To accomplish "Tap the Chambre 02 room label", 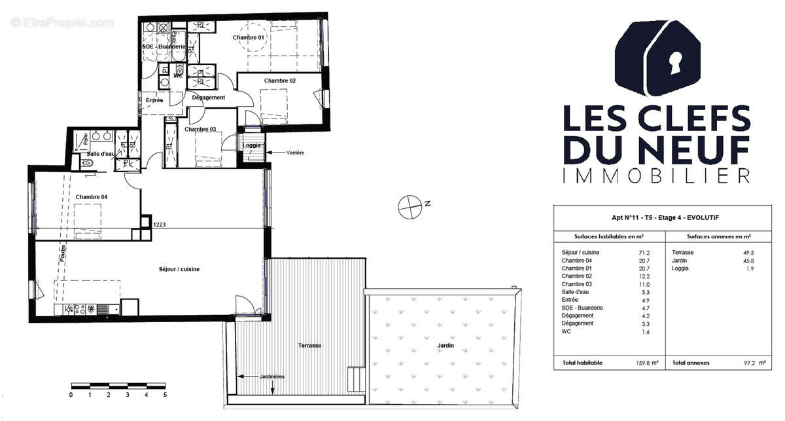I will [280, 81].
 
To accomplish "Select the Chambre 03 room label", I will [200, 130].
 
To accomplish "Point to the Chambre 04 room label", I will [92, 197].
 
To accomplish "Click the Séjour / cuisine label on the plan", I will [179, 269].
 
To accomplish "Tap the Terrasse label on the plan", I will [309, 345].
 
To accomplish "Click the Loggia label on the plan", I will [253, 145].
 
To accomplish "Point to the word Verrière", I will [296, 153].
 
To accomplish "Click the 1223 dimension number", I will [159, 224].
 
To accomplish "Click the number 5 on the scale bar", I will [165, 395].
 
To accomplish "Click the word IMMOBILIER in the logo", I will [656, 175].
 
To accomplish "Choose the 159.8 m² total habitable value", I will [644, 363].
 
